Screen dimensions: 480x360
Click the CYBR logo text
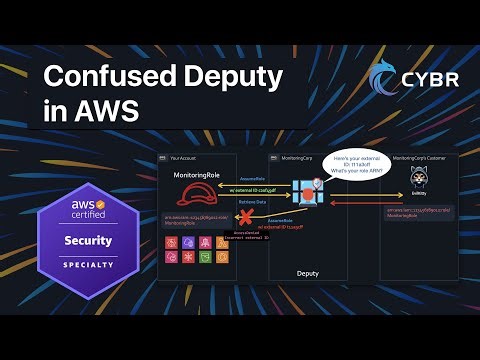(x=431, y=80)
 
